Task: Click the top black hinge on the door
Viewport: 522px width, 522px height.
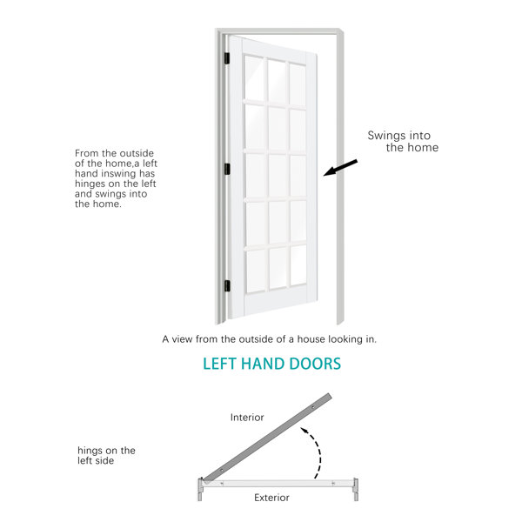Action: (227, 58)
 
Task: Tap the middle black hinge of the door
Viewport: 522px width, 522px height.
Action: (227, 169)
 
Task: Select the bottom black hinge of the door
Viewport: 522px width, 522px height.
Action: (227, 286)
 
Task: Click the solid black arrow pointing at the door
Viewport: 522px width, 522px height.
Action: (340, 167)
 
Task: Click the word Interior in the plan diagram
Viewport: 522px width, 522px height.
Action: (247, 417)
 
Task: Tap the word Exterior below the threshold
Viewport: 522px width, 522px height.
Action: (271, 498)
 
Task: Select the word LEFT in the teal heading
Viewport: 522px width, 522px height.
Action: (220, 364)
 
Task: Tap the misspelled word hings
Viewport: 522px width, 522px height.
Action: (89, 451)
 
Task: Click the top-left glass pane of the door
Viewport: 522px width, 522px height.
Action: (254, 77)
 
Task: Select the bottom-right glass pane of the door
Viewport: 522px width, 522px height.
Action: (298, 265)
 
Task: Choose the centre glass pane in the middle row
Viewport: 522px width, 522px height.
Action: (278, 176)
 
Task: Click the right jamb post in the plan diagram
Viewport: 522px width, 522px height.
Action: (356, 490)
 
